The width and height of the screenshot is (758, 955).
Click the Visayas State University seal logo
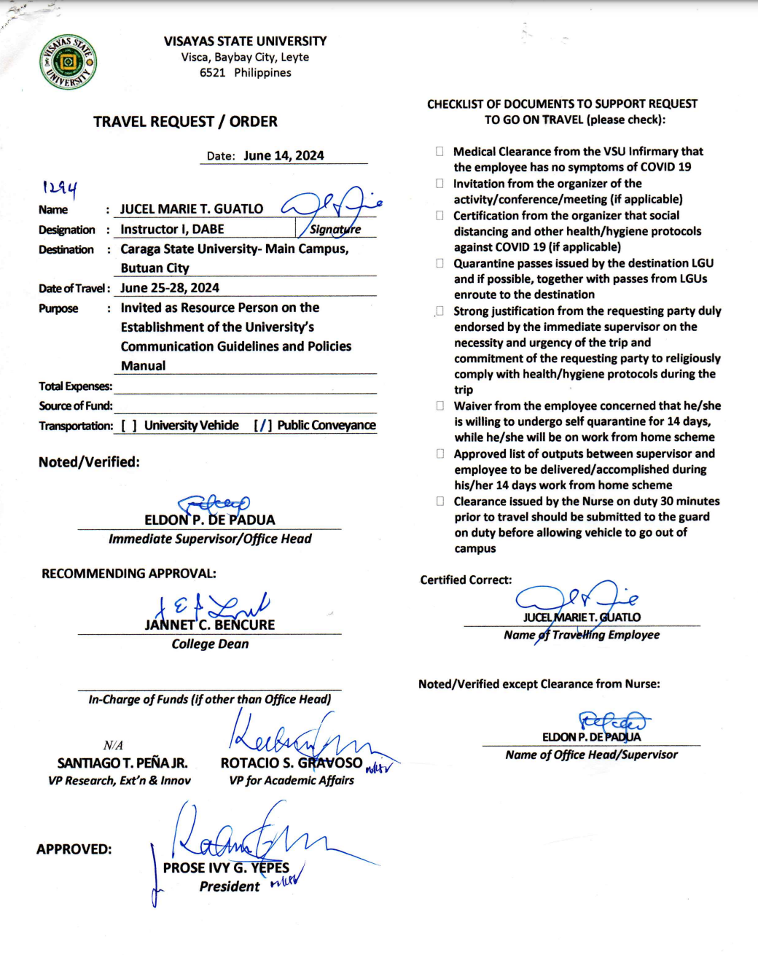coord(68,62)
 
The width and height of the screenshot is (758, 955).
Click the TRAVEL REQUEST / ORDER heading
coord(185,122)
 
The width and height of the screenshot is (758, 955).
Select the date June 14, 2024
coord(284,155)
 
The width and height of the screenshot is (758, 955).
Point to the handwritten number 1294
coord(60,188)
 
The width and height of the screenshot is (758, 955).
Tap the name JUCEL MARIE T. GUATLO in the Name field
coord(192,209)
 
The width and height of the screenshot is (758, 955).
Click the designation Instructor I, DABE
coord(172,230)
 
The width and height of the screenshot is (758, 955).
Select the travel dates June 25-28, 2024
coord(170,288)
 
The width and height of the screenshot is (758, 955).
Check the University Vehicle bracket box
coord(129,426)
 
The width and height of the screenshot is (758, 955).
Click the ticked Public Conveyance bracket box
coord(263,426)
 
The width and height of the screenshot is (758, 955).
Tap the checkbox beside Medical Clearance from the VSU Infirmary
coord(439,152)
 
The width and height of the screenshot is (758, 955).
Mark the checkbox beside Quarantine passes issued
coord(439,263)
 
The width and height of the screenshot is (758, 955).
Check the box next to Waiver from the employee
coord(439,406)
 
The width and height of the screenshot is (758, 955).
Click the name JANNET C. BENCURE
coord(210,625)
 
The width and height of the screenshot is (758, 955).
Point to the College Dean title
coord(210,644)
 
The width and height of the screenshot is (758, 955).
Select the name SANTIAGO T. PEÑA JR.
coord(122,763)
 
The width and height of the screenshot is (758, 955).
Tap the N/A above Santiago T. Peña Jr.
coord(113,745)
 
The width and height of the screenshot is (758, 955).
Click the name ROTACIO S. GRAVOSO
coord(292,763)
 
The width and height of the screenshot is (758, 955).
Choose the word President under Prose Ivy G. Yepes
coord(230,886)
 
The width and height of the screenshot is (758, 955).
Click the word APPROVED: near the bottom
coord(74,849)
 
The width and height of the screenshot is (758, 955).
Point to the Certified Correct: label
coord(466,580)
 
